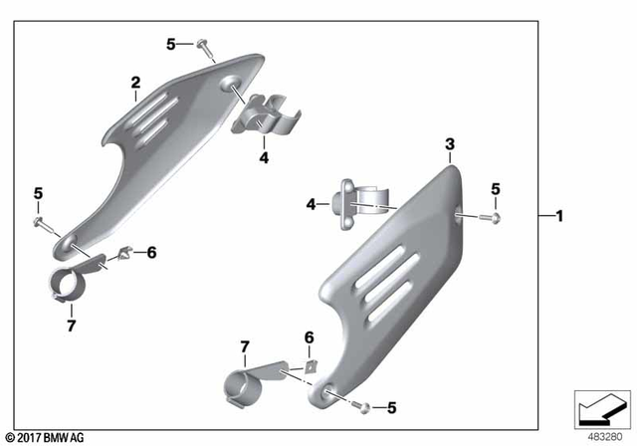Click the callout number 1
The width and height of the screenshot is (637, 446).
559,216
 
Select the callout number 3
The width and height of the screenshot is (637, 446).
449,144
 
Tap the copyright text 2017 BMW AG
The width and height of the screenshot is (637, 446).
44,438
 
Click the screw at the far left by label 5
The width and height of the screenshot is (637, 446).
39,221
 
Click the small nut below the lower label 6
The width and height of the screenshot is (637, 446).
309,365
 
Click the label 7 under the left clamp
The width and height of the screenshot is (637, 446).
71,325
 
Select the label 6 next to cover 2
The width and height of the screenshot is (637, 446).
152,253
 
